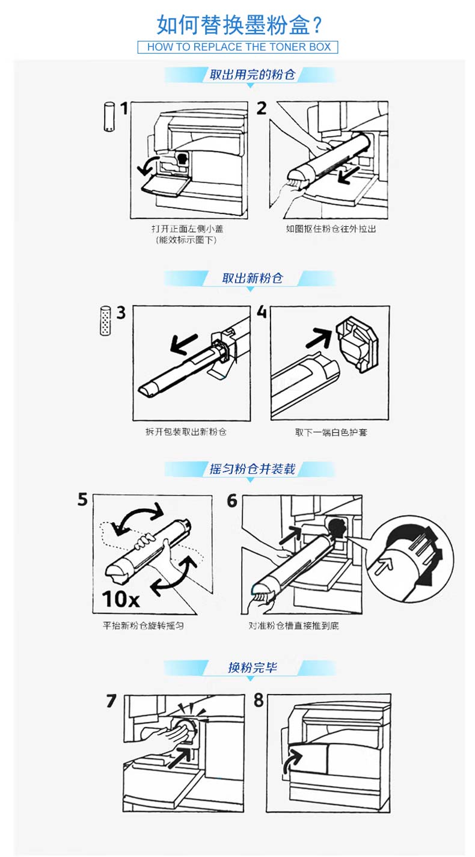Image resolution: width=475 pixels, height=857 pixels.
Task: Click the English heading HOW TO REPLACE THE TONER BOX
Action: pos(239,47)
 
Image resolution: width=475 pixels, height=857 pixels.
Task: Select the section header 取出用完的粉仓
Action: pos(252,75)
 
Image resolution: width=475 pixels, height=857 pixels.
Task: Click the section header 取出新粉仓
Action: pos(253,278)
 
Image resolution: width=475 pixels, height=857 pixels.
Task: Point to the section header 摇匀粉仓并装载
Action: pos(252,469)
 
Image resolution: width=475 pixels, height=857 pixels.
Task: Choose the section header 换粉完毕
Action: pos(253,668)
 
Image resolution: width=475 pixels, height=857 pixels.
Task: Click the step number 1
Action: pos(123,109)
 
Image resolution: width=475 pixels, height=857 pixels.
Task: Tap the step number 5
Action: pos(82,500)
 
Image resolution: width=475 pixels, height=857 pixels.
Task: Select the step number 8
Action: pos(259,700)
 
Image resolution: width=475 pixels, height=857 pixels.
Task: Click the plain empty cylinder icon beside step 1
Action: pos(109,116)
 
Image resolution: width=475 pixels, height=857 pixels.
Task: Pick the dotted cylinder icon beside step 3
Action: pos(105,321)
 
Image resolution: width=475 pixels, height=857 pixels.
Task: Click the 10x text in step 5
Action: pos(120,599)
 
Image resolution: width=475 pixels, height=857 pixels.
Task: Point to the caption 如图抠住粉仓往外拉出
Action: pos(331,229)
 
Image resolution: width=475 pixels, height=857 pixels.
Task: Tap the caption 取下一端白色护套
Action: pos(331,432)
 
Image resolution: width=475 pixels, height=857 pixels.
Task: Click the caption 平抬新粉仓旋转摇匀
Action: pos(143,625)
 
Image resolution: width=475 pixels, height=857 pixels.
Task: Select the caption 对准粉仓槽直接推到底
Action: pos(294,625)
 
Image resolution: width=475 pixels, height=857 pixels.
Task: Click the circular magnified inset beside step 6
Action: pos(411,559)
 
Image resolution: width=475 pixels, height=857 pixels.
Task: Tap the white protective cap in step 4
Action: pos(357,344)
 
